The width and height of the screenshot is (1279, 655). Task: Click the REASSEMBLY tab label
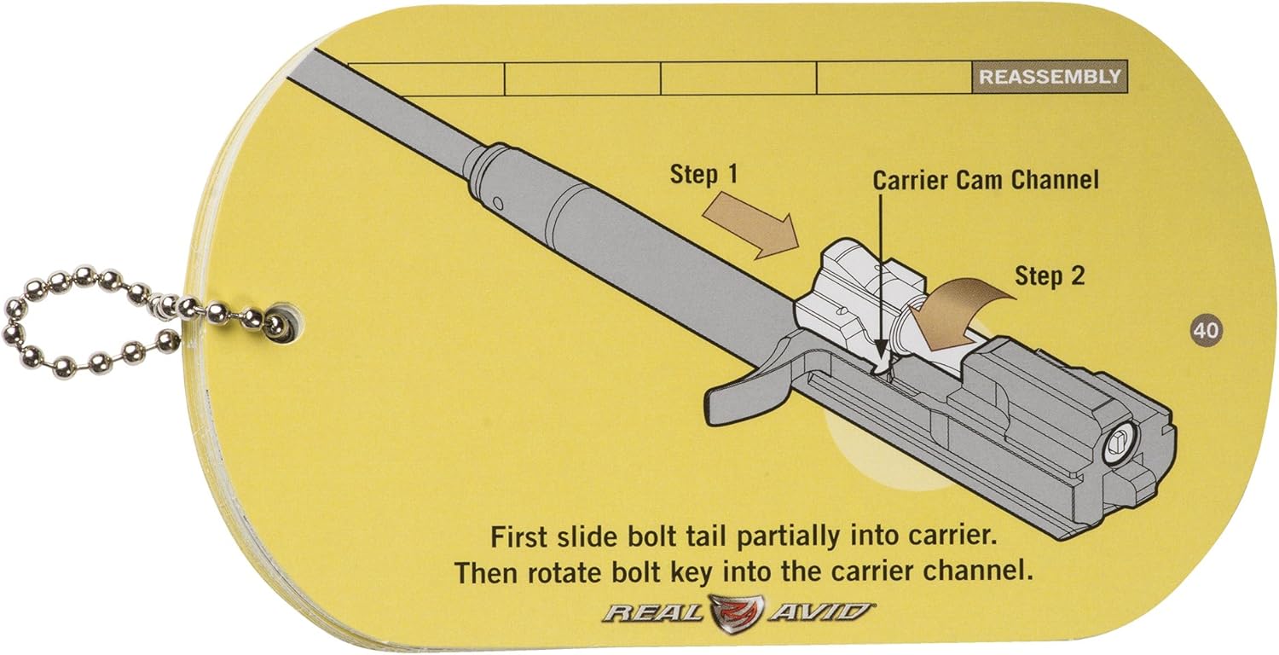point(1049,77)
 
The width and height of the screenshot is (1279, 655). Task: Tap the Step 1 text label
point(704,174)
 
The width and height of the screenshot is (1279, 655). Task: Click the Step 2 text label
point(1050,276)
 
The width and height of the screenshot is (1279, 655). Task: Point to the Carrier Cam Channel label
point(985,180)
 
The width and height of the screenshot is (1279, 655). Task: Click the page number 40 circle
point(1204,330)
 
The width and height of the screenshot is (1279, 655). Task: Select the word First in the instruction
point(521,538)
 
